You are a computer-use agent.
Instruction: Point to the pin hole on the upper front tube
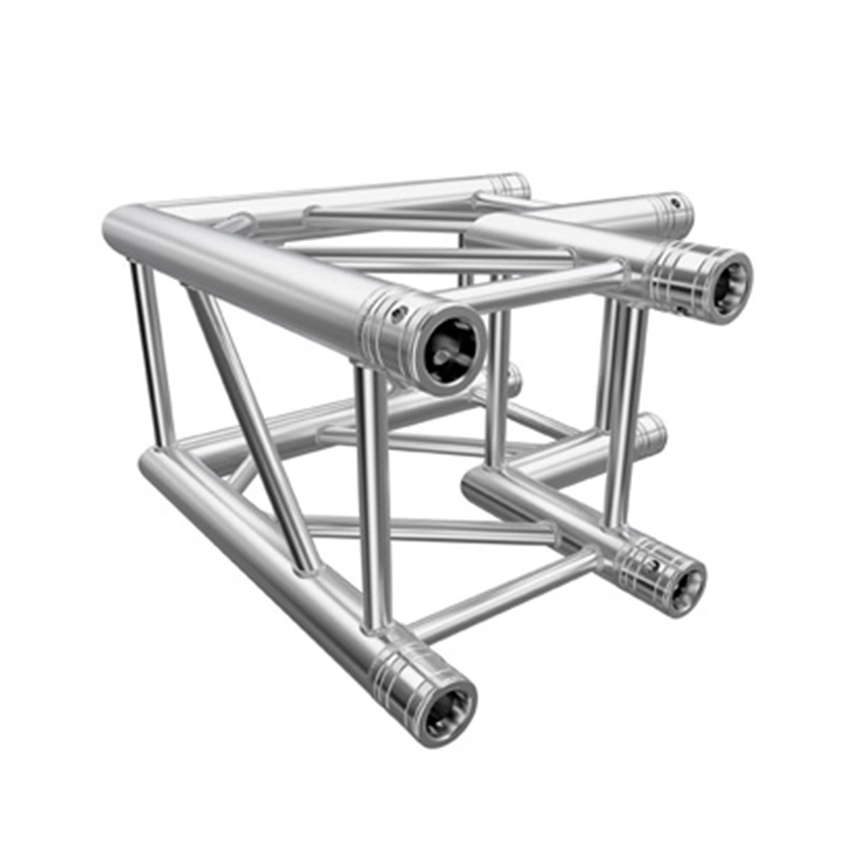point(396,312)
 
